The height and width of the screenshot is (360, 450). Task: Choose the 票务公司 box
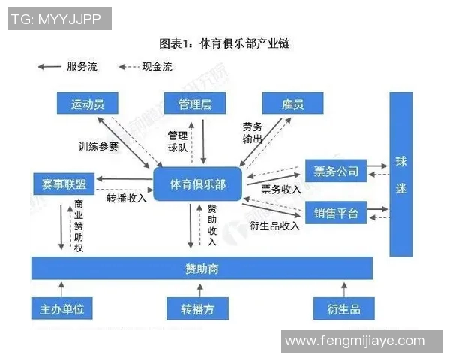point(336,171)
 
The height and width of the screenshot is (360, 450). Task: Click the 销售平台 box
point(336,214)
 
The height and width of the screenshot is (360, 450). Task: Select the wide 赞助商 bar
point(202,268)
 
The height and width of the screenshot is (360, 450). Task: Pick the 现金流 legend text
point(157,67)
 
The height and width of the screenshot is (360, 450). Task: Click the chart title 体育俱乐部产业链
point(224,43)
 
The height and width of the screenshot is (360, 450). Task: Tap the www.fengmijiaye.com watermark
point(354,340)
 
